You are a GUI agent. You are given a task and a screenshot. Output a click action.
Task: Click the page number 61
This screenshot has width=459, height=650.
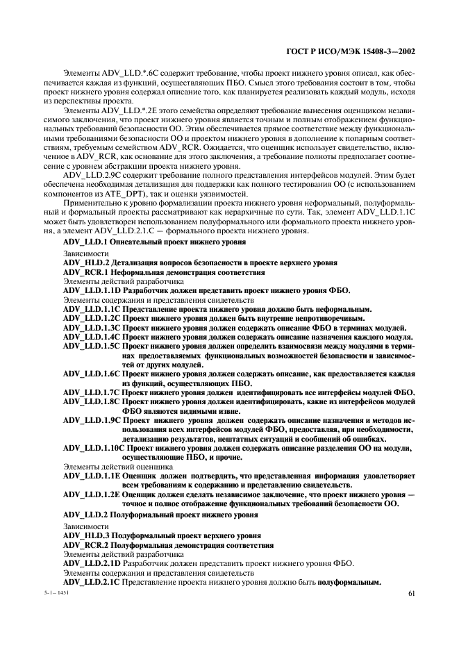point(411,593)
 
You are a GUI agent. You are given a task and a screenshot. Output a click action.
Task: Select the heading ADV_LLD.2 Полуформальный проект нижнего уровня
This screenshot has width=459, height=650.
point(160,515)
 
